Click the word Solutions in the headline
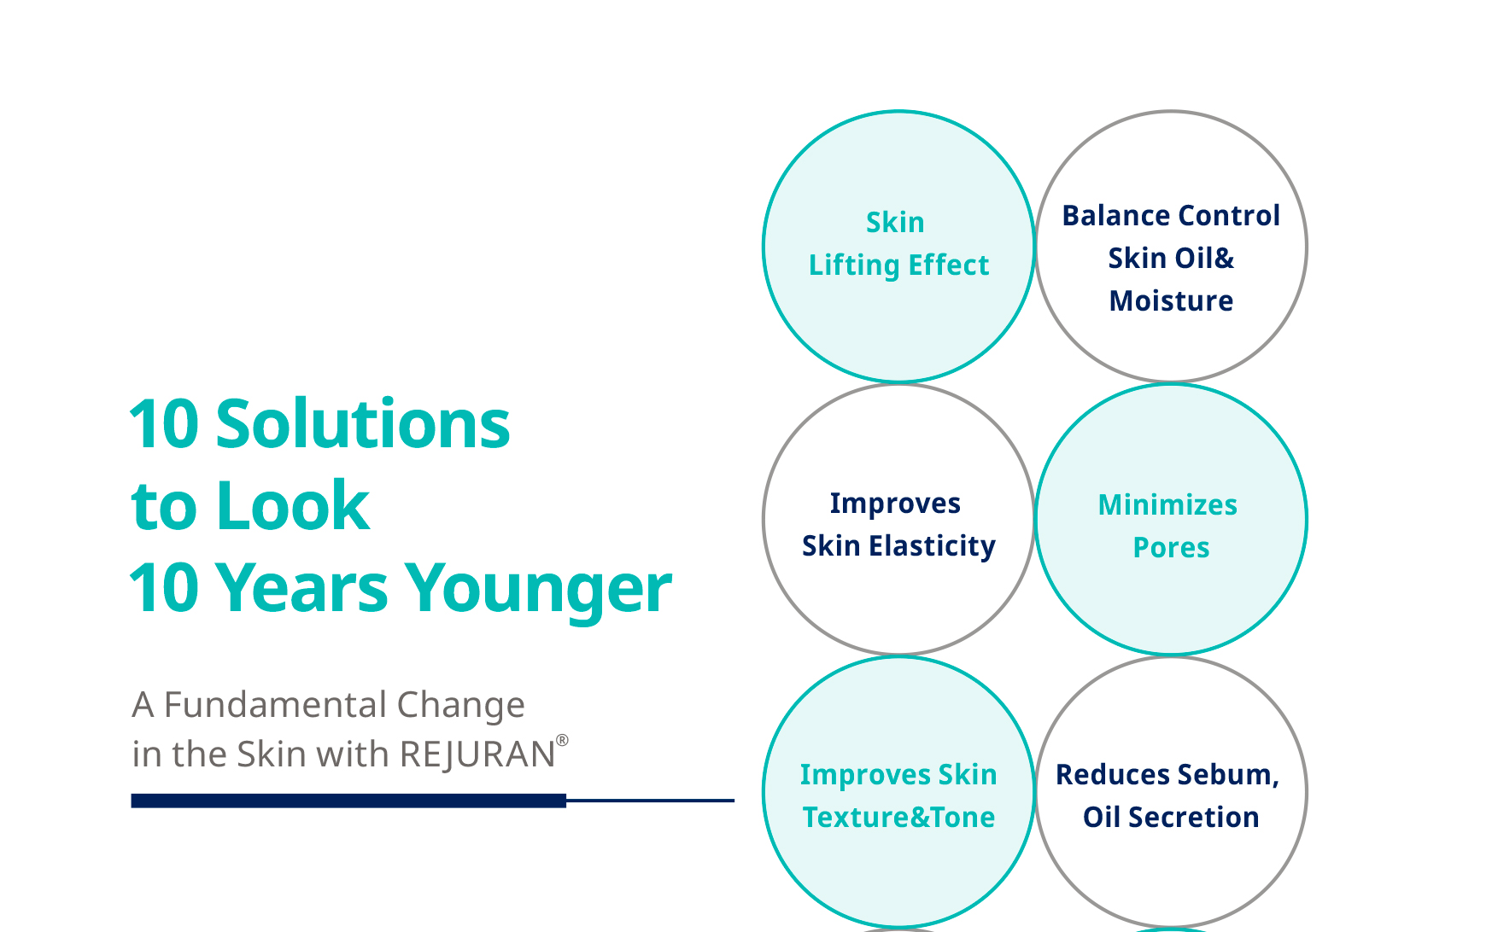[x=363, y=423]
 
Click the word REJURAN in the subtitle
[x=477, y=754]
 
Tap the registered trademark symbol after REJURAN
[x=562, y=740]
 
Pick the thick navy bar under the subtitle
[x=348, y=801]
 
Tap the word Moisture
[x=1171, y=300]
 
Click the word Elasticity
[x=932, y=546]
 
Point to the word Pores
[x=1171, y=548]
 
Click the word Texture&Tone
[x=898, y=817]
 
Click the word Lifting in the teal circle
[x=854, y=265]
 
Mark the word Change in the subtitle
[x=460, y=706]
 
